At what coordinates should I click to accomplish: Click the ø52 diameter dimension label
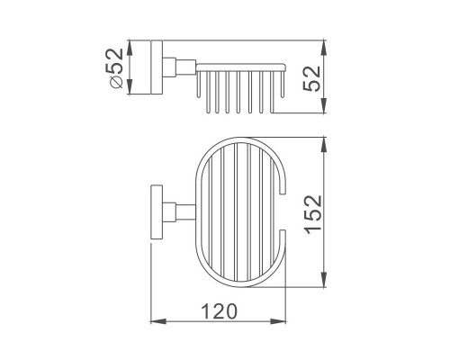(x=117, y=68)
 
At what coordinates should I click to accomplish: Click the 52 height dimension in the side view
(x=312, y=79)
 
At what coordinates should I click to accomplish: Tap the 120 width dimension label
(x=219, y=311)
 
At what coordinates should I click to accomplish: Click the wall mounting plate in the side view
(x=157, y=67)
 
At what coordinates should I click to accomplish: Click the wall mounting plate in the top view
(x=157, y=212)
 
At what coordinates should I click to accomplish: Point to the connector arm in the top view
(x=179, y=212)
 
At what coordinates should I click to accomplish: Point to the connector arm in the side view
(x=179, y=67)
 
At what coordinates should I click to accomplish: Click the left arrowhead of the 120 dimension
(x=158, y=321)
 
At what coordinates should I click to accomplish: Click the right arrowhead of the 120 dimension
(x=278, y=321)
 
